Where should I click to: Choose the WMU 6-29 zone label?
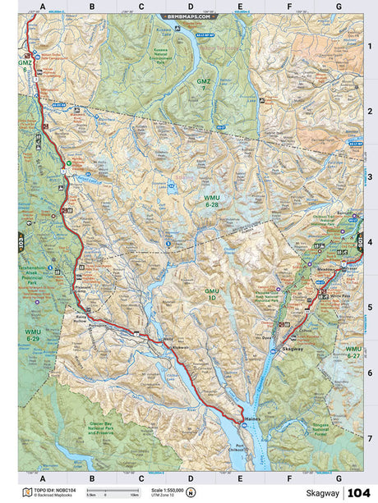tap(34, 335)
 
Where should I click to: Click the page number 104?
tap(359, 493)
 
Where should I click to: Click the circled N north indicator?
tap(191, 492)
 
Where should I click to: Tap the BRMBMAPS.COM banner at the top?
tap(189, 16)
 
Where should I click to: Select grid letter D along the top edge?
tap(190, 7)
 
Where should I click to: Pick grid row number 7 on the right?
tap(370, 438)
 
